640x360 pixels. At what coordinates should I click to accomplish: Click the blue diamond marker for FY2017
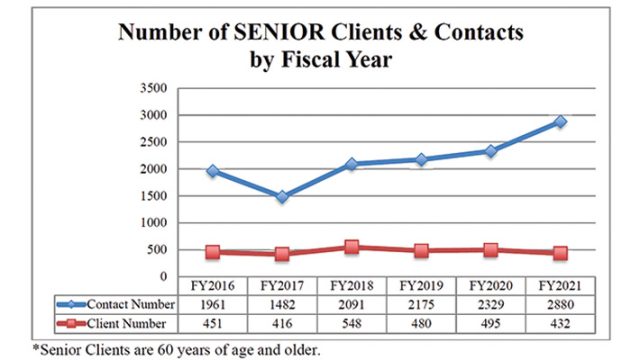tap(282, 197)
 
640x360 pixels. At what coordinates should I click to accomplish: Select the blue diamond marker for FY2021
tap(560, 121)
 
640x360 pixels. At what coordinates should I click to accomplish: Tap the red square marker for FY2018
tap(351, 247)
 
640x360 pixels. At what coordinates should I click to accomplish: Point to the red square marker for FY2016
tap(213, 252)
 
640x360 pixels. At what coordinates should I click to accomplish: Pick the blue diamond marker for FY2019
tap(421, 159)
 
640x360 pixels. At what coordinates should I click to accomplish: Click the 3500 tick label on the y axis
tap(153, 88)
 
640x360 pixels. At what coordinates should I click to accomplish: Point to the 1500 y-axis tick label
tap(153, 196)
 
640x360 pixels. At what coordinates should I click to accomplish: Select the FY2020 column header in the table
tap(491, 286)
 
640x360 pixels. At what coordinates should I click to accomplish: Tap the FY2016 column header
tap(213, 286)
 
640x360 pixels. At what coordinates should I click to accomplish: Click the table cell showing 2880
tap(560, 304)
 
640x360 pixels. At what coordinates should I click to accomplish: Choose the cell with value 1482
tap(282, 304)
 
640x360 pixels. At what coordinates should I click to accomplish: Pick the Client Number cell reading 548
tap(351, 324)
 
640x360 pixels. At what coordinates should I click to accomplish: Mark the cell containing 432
tap(560, 324)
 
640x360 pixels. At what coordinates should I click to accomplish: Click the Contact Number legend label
tap(131, 304)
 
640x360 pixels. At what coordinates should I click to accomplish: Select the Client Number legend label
tap(126, 324)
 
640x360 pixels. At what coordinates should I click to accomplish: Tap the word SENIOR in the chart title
tap(280, 32)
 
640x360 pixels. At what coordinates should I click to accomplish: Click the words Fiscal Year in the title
tap(337, 60)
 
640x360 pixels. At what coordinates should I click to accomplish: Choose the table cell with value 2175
tap(421, 304)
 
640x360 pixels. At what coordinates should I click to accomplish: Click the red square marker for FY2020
tap(491, 250)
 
